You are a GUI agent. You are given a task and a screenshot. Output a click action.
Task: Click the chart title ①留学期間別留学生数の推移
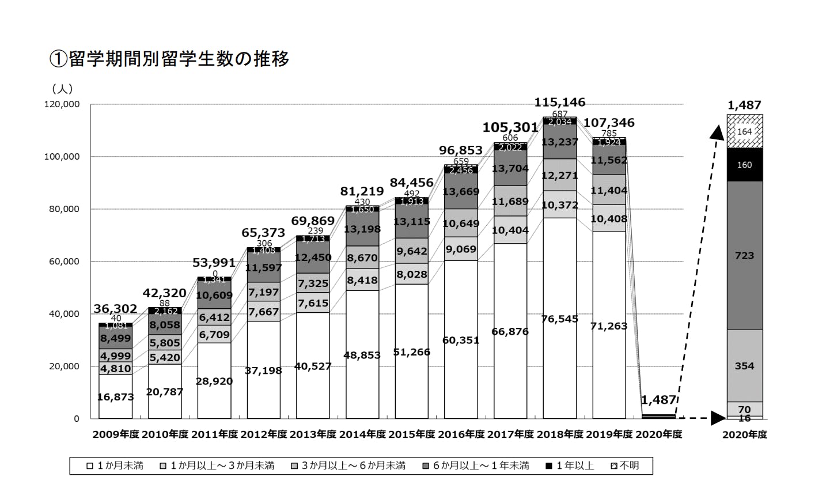tap(169, 59)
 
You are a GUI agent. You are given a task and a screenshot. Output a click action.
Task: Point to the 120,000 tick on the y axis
tap(62, 104)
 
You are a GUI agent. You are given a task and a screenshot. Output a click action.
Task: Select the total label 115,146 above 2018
tap(559, 103)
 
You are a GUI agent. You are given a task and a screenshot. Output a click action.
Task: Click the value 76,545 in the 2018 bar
tap(559, 319)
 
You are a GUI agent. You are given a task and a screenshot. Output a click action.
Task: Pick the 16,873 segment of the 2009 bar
tap(115, 397)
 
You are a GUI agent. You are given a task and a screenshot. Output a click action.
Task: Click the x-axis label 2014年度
tap(362, 434)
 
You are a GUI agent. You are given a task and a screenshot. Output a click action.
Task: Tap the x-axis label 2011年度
tap(214, 434)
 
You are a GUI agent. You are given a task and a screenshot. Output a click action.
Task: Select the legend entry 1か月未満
tap(115, 465)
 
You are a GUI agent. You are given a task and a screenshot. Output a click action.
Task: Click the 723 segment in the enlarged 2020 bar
tap(744, 255)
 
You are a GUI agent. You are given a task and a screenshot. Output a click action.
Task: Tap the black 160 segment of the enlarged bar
tap(744, 165)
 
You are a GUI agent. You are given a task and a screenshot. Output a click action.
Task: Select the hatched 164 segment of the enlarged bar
tap(744, 131)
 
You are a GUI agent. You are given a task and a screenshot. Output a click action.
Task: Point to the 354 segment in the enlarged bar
tap(744, 366)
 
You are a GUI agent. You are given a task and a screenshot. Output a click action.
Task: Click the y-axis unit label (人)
tap(62, 89)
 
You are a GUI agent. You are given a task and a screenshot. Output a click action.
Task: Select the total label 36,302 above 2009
tap(115, 309)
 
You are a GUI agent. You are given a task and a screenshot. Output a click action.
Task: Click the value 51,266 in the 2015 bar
tap(411, 352)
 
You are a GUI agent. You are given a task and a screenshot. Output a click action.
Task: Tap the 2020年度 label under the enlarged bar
tap(744, 435)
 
